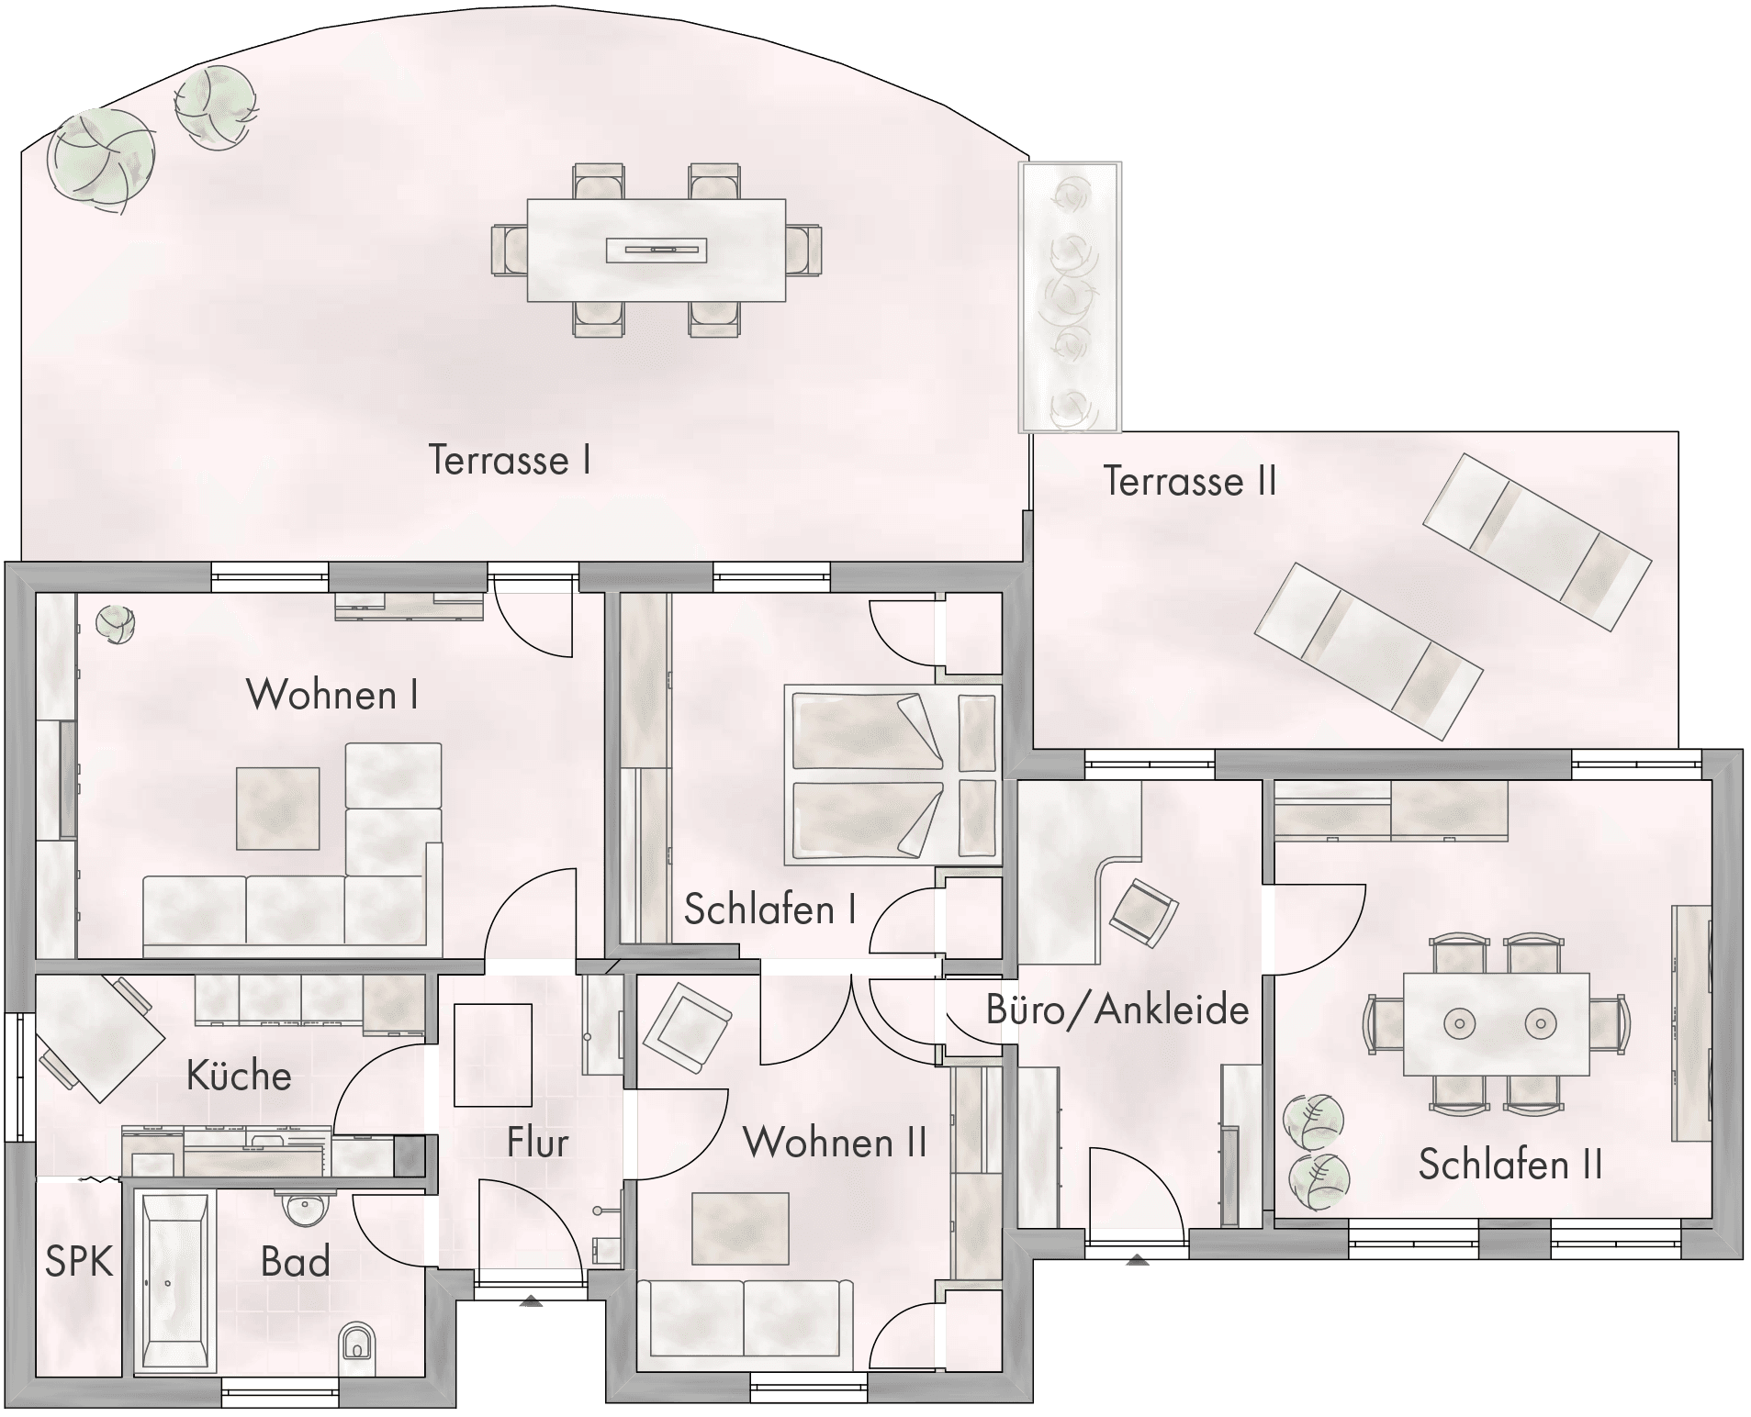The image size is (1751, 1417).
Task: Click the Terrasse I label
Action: point(510,460)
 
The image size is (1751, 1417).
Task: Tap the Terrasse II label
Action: point(1190,481)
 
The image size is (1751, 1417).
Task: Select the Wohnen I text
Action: point(332,695)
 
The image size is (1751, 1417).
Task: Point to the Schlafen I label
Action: point(770,909)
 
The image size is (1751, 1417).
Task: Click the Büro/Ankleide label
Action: point(1117,1010)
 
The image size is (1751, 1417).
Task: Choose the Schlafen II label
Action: point(1510,1165)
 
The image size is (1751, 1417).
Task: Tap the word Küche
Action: point(239,1075)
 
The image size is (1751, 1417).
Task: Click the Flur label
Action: point(537,1143)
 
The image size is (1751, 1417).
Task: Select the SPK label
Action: point(79,1262)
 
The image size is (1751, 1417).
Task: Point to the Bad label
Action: point(295,1262)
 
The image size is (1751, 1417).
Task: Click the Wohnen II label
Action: point(835,1143)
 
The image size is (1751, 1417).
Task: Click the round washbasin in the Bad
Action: point(302,1207)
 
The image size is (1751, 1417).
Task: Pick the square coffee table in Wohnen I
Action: point(278,809)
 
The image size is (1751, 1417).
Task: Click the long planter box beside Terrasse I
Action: point(1071,296)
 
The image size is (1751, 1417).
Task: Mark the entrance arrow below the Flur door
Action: point(531,1300)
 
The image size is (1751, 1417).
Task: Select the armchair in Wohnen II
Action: point(688,1027)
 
